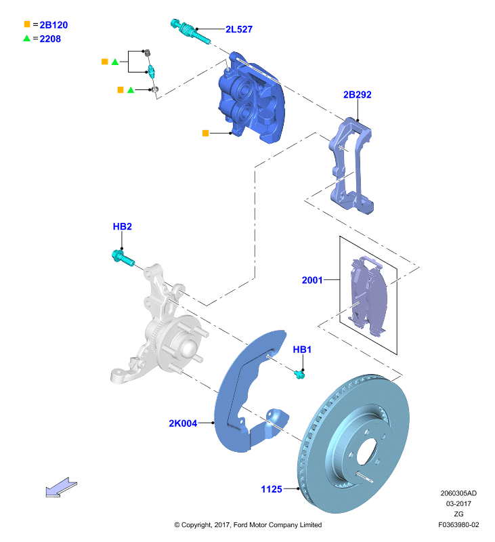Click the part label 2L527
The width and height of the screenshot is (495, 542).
pos(238,29)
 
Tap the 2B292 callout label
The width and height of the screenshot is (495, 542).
pos(357,95)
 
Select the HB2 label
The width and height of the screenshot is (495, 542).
pos(123,226)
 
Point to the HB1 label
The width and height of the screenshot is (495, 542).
pos(302,350)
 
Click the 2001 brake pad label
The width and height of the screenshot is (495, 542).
pos(312,280)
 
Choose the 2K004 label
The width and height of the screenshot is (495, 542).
pos(183,423)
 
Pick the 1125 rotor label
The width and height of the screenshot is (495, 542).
pos(272,489)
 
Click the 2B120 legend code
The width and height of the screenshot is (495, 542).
pos(53,25)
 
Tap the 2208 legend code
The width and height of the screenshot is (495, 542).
pos(50,39)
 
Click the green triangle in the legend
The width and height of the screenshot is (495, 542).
pos(26,38)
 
